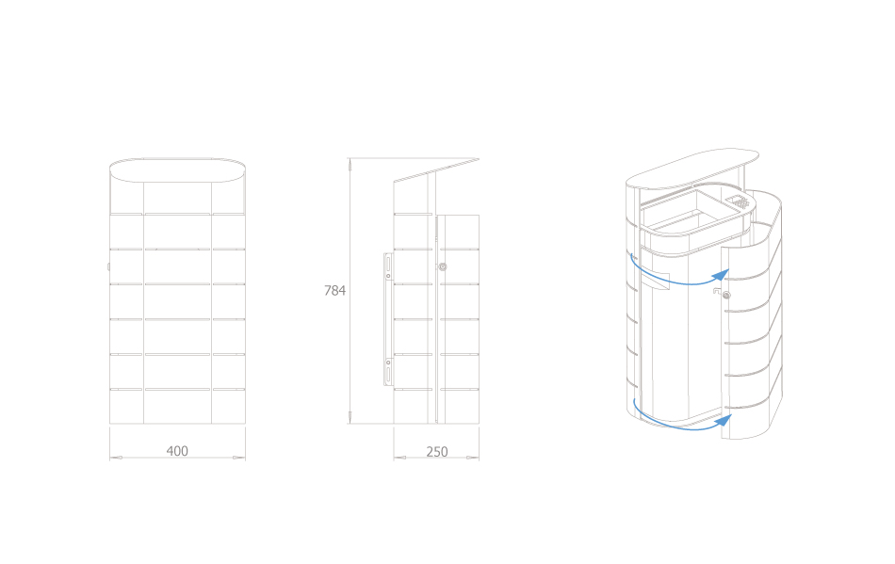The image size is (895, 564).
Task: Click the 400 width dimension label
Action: pyautogui.click(x=177, y=451)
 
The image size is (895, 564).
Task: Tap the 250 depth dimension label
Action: pyautogui.click(x=436, y=452)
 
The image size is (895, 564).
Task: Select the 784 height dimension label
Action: pyautogui.click(x=335, y=290)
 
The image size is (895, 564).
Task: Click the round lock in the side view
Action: pyautogui.click(x=443, y=266)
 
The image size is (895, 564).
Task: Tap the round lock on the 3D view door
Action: pyautogui.click(x=726, y=296)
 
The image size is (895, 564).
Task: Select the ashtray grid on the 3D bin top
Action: pyautogui.click(x=740, y=201)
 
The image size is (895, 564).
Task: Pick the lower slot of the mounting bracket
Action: pyautogui.click(x=389, y=375)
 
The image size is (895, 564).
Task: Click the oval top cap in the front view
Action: pyautogui.click(x=177, y=169)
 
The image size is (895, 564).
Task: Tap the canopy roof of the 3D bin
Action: pyautogui.click(x=692, y=169)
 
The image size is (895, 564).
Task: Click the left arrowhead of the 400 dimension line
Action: pyautogui.click(x=116, y=458)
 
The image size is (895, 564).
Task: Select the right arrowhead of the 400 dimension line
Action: pyautogui.click(x=239, y=458)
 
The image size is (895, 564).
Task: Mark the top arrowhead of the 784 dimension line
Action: pyautogui.click(x=350, y=164)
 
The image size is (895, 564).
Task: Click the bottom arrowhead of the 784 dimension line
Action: pyautogui.click(x=350, y=417)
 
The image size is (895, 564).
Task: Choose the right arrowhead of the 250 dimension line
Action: pyautogui.click(x=473, y=458)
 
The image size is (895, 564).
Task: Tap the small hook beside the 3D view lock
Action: pyautogui.click(x=716, y=292)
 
